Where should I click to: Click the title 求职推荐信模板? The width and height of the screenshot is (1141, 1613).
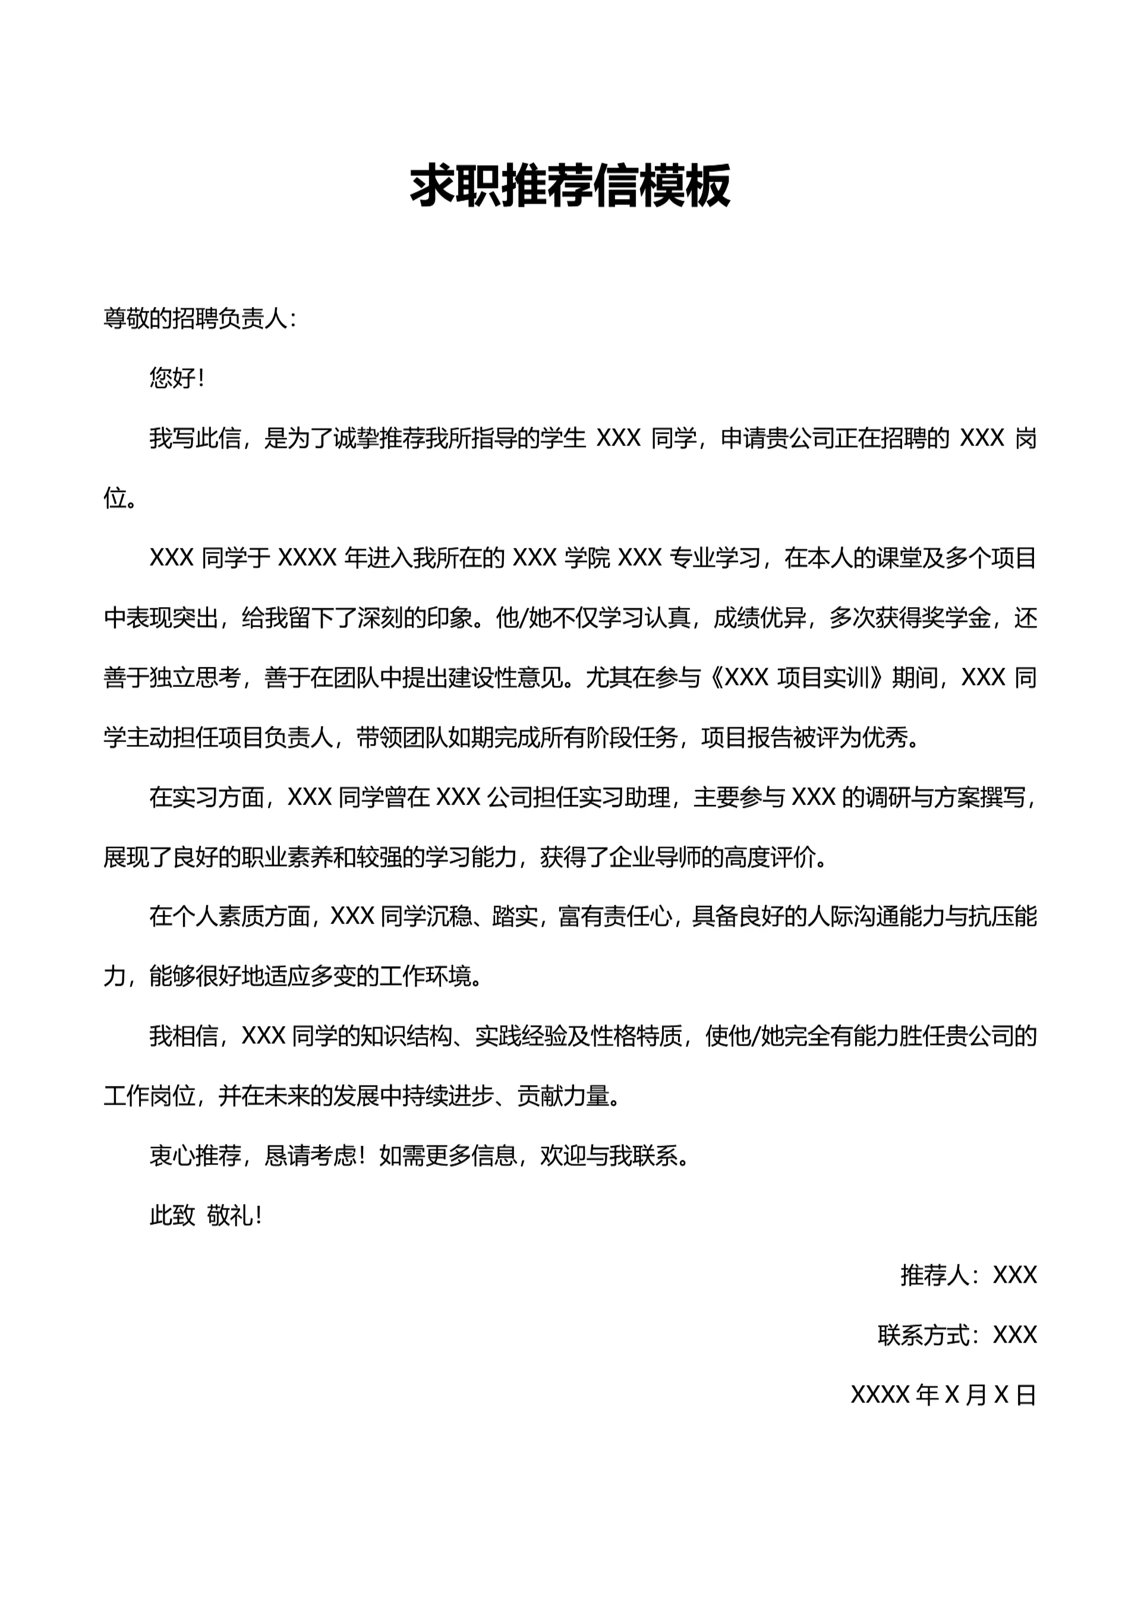point(570,185)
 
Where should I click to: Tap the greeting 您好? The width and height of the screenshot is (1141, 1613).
point(172,378)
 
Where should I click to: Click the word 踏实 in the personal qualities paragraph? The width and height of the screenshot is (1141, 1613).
point(515,917)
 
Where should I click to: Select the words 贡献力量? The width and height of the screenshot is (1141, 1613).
point(563,1096)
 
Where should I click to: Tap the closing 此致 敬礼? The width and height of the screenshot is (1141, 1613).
point(204,1216)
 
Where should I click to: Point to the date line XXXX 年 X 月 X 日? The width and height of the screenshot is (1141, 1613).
point(943,1394)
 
